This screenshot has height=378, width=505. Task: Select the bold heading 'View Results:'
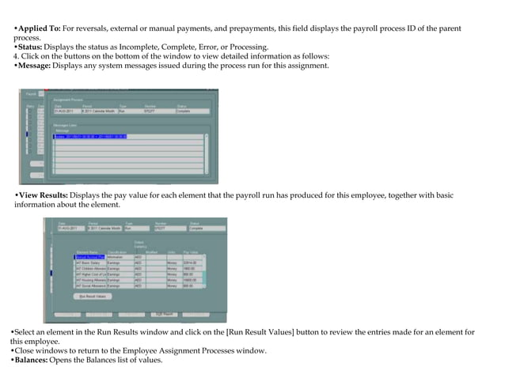[x=44, y=195]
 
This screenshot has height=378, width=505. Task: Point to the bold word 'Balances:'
[x=36, y=360]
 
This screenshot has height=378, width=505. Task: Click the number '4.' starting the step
[x=17, y=57]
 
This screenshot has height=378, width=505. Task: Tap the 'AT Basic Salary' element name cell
[x=89, y=263]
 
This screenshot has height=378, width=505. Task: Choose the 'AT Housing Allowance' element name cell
[x=89, y=280]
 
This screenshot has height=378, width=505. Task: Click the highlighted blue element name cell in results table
[x=89, y=257]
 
